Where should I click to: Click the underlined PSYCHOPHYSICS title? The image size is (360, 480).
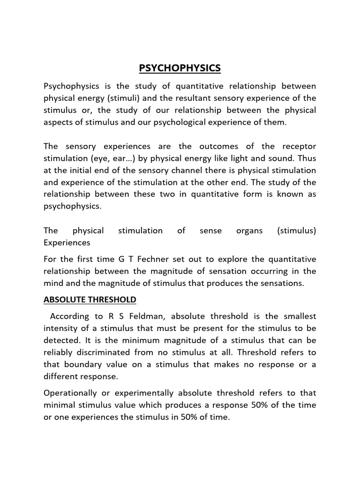click(180, 69)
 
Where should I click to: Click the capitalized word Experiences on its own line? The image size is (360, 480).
click(67, 243)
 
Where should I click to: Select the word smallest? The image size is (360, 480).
click(299, 315)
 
